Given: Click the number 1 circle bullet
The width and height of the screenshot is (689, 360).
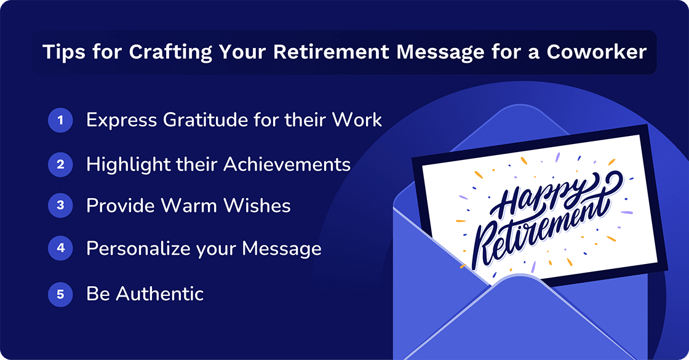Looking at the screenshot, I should (60, 121).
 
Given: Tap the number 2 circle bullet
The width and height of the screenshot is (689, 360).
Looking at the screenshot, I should (60, 164).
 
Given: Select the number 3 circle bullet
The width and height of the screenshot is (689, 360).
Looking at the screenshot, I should (60, 206).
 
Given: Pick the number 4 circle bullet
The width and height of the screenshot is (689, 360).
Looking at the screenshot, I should (60, 249).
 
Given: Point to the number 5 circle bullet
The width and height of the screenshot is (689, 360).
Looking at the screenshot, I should (60, 294).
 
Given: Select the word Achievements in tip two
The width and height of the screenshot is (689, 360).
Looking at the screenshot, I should (287, 164).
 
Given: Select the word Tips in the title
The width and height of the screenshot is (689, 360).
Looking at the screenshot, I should (62, 52).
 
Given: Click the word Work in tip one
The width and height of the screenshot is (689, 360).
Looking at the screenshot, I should (357, 120).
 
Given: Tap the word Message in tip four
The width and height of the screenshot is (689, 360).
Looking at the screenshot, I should (282, 249).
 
